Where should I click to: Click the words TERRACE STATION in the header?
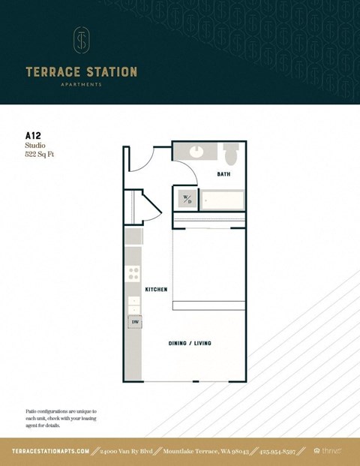tap(81, 72)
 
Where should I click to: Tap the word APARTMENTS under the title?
tap(81, 85)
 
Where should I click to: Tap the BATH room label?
tap(223, 174)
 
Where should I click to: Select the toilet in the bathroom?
tap(231, 154)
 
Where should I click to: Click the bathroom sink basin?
tap(197, 152)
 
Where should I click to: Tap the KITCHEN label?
tap(156, 289)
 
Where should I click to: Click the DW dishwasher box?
tap(135, 322)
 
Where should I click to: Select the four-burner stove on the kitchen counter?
tap(133, 274)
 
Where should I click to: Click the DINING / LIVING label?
tap(190, 343)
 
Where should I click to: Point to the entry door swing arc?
tap(142, 158)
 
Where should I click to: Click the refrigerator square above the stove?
tap(133, 236)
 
